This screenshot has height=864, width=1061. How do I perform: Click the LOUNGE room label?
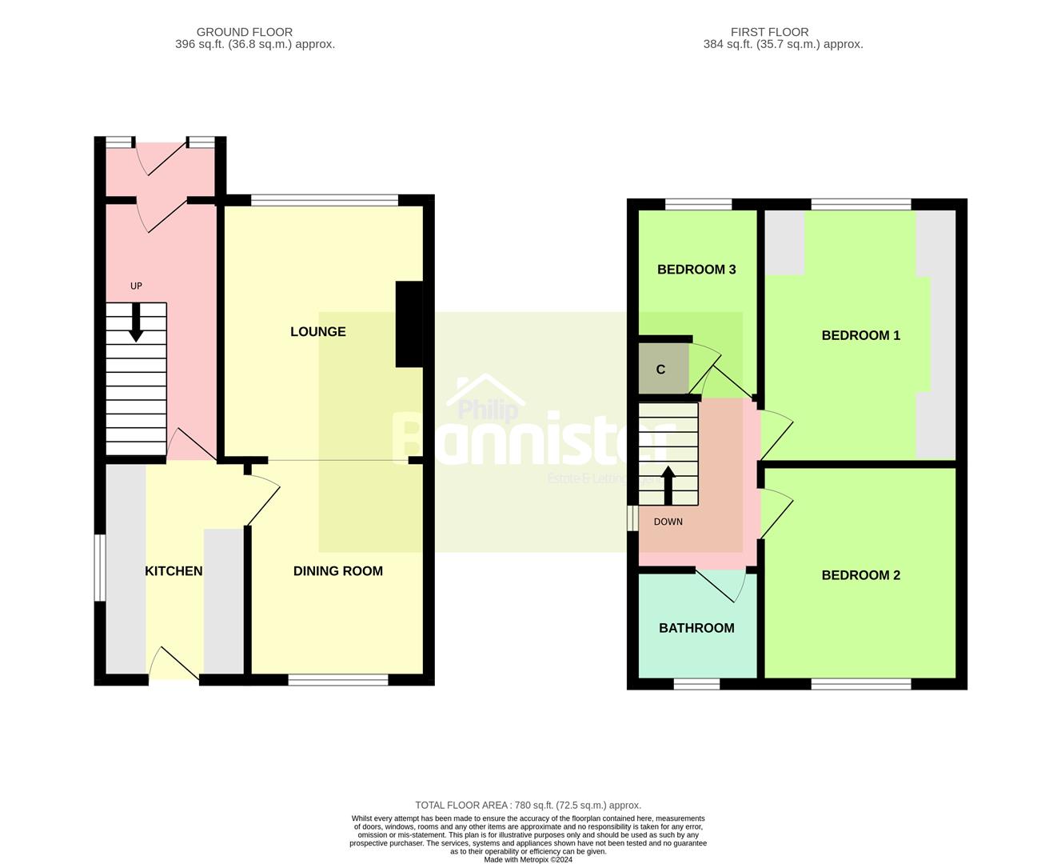(317, 331)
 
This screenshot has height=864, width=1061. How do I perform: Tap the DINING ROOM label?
(337, 570)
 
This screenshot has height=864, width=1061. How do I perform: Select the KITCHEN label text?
(174, 570)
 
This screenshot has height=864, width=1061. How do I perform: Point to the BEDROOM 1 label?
(860, 335)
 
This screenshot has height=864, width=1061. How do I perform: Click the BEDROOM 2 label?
(860, 574)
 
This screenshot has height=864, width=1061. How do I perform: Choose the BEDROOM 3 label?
(696, 270)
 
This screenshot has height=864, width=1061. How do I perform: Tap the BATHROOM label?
(696, 628)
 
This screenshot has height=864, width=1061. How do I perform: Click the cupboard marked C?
(661, 369)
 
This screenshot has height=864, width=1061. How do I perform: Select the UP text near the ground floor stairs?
(136, 286)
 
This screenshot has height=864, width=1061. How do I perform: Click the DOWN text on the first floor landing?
(668, 522)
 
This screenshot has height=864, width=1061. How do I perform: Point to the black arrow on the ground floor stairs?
(136, 323)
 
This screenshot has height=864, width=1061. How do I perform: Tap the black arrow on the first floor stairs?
(668, 486)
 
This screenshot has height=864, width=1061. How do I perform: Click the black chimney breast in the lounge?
(409, 324)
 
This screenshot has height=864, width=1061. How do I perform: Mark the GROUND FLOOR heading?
(244, 32)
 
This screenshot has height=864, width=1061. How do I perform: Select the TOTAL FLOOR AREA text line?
(528, 805)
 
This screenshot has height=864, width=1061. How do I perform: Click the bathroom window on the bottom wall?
(696, 684)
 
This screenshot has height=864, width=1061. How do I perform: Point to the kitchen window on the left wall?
(100, 567)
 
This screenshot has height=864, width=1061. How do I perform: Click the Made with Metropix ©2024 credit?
(528, 859)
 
